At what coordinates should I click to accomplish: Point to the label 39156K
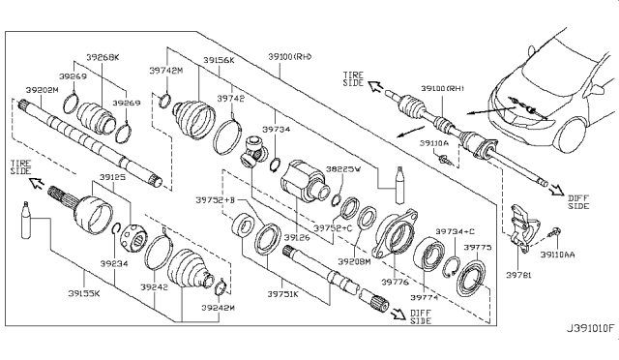[x=219, y=60]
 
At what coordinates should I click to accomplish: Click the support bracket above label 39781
[x=522, y=225]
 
